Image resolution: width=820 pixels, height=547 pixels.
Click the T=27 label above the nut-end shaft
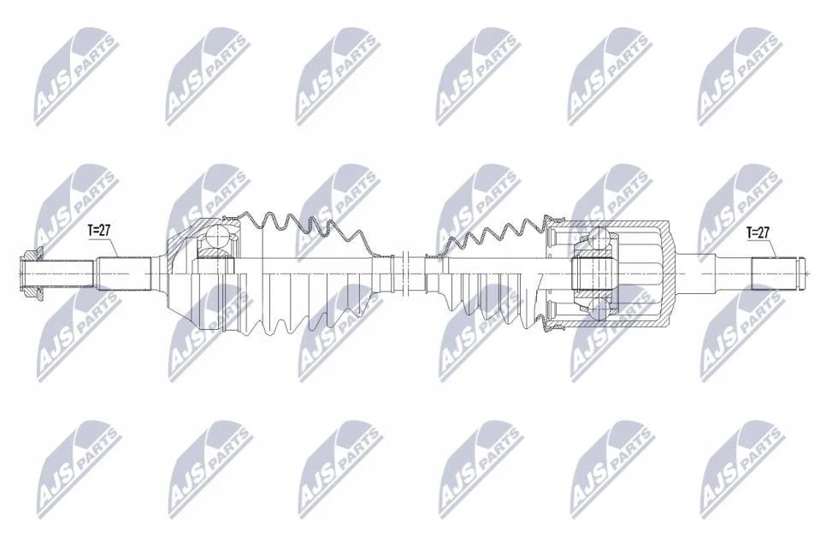(99, 230)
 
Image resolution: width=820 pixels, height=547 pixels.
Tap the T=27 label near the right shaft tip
(758, 232)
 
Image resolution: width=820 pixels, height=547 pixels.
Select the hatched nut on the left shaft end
(32, 273)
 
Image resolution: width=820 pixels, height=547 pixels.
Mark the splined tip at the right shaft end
(776, 273)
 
